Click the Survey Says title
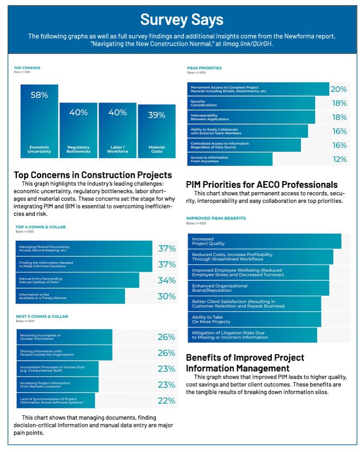(x=182, y=20)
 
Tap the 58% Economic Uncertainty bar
(x=39, y=121)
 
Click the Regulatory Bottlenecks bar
(x=78, y=130)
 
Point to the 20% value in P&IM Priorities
(x=339, y=89)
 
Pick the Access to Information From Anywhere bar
(x=230, y=159)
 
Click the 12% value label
(x=339, y=159)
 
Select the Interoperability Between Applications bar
(x=251, y=117)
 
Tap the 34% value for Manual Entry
(x=166, y=280)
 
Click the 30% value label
(x=166, y=296)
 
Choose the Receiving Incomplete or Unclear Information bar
(x=64, y=337)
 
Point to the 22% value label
(x=166, y=401)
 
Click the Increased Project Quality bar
(x=264, y=241)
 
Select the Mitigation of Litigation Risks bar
(x=252, y=335)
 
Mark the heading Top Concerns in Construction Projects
(x=93, y=175)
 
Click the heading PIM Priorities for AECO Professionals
(x=262, y=184)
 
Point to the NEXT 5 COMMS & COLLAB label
(x=42, y=317)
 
